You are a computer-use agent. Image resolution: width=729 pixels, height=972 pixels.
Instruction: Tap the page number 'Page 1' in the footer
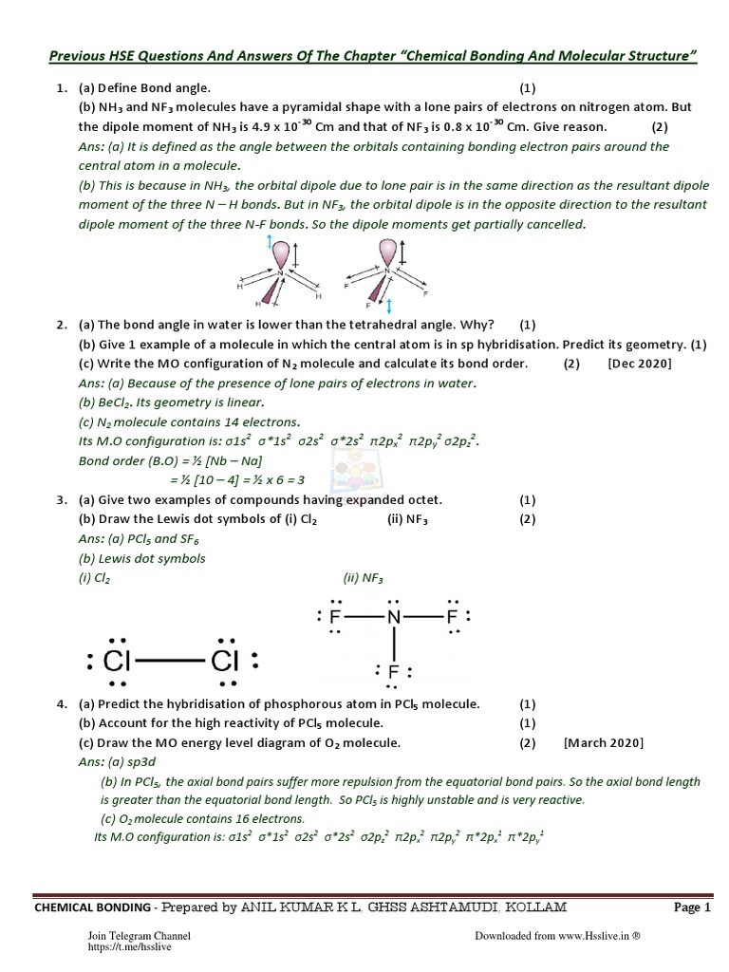(x=692, y=907)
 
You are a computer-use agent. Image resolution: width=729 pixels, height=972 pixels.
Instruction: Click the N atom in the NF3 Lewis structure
(x=394, y=619)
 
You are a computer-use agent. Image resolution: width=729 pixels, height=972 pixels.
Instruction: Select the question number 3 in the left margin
(x=61, y=499)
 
